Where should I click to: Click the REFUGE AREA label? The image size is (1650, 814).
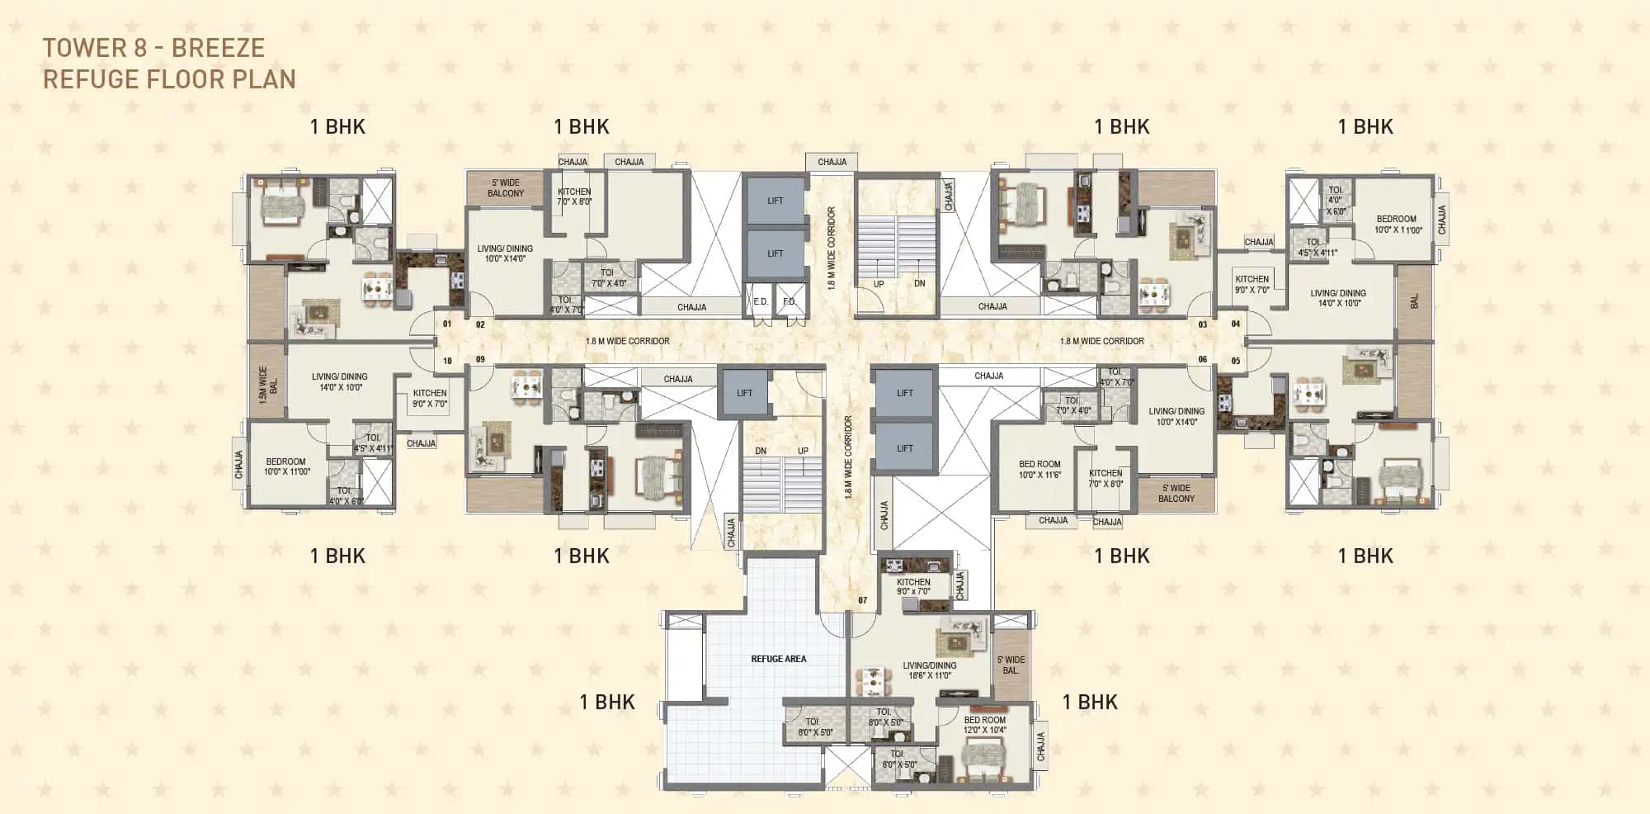[778, 659]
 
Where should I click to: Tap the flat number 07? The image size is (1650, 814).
[862, 600]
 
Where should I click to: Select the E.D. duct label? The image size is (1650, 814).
[761, 302]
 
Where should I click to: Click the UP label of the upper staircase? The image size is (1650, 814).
[879, 284]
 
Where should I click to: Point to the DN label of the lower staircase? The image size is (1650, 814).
[761, 451]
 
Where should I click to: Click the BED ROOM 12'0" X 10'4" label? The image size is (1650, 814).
[985, 725]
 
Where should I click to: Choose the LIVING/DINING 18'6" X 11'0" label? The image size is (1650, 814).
[929, 670]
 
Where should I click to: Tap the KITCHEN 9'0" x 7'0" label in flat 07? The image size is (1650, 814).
[913, 586]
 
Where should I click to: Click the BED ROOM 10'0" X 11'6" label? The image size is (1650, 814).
[1039, 470]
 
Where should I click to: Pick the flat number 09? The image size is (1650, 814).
[480, 360]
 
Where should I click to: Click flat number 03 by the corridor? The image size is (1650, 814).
[1203, 324]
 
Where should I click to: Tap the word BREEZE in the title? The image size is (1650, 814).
[218, 48]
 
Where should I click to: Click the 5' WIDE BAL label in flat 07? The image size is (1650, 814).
[1011, 665]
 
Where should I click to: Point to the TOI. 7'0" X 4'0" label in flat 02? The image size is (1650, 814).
[608, 277]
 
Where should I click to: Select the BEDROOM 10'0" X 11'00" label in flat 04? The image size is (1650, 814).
[1398, 225]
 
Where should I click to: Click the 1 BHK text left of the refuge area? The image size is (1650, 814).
[607, 702]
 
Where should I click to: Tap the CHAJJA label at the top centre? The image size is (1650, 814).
[832, 162]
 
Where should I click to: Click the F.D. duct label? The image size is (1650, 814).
[789, 302]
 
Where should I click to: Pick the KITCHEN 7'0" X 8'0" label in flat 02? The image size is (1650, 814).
[574, 196]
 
